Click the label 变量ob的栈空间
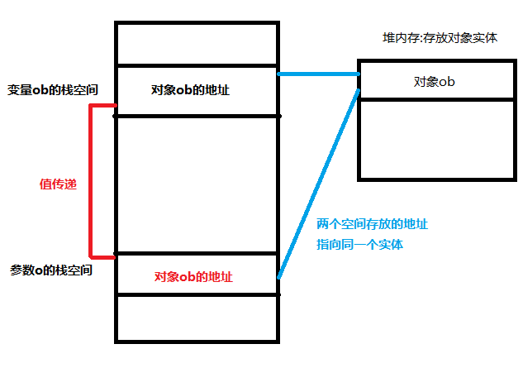pos(53,90)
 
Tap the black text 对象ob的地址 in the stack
pos(191,89)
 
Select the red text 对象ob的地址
pos(194,276)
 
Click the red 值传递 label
pos(58,184)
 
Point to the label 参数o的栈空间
pos(51,270)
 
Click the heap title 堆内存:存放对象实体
pos(440,38)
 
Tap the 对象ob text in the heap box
pos(435,81)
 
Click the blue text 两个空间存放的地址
pos(372,224)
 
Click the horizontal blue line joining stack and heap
pos(318,74)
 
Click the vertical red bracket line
pos(91,180)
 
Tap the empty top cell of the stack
pos(196,44)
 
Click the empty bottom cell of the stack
pos(196,318)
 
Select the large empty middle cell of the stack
pos(196,184)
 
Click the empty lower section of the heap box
pos(437,138)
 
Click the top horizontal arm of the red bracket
pos(102,106)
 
